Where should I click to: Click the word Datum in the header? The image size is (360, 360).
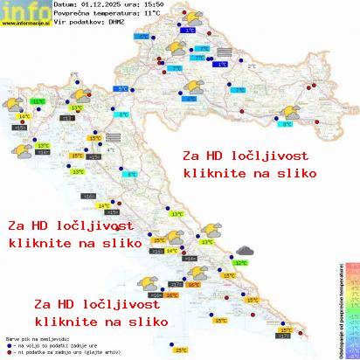(x=64, y=5)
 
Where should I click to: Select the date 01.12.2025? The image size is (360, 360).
(x=97, y=5)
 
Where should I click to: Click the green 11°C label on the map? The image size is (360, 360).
(x=38, y=101)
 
